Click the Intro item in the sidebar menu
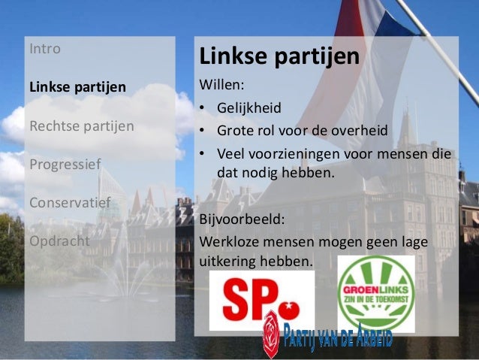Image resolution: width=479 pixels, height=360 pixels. click(45, 50)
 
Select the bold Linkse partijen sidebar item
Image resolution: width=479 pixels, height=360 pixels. click(77, 87)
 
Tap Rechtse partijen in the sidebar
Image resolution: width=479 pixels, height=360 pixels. click(81, 126)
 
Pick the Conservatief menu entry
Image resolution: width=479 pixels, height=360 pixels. click(69, 202)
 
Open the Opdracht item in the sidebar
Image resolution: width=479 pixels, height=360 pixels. click(59, 241)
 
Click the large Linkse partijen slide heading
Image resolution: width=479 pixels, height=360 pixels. click(279, 56)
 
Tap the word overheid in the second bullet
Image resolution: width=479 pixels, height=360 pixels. click(360, 131)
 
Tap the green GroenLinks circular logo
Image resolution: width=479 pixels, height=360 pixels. click(376, 294)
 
